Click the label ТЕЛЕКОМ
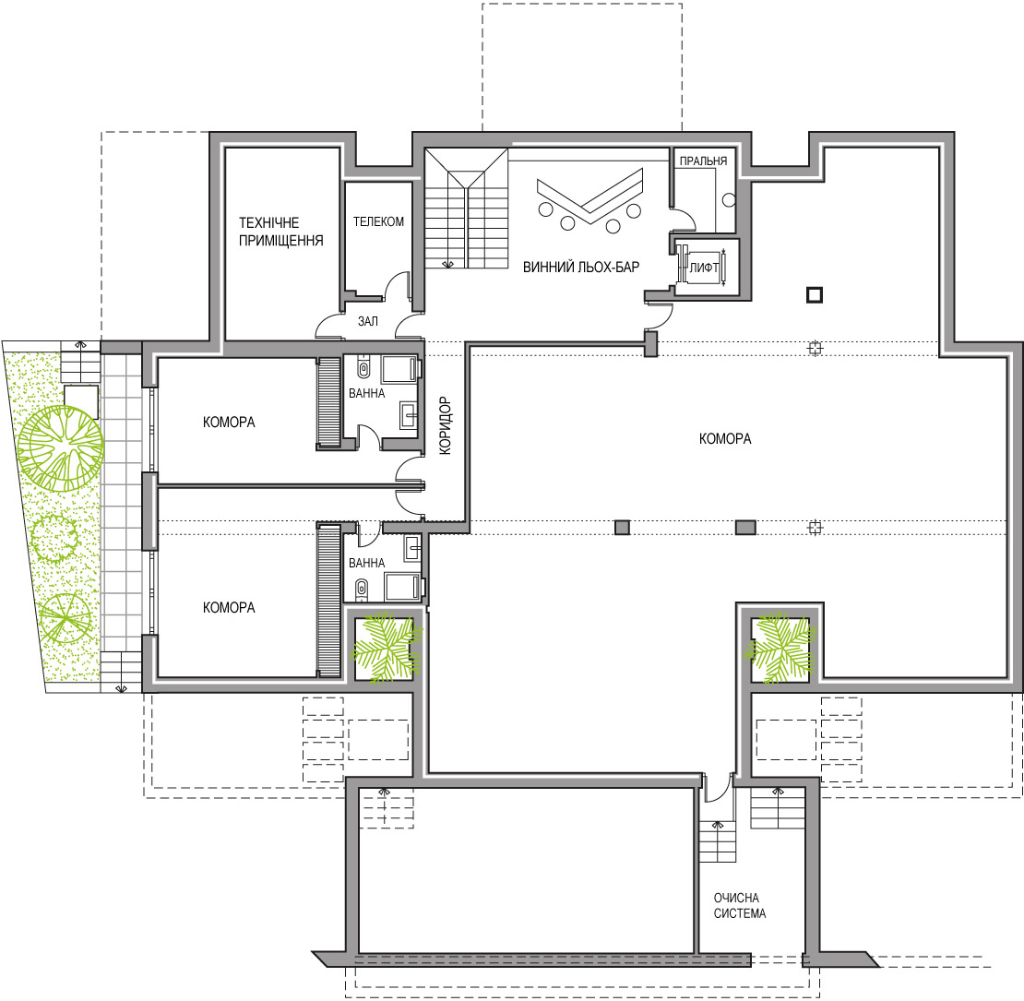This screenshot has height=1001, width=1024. click(379, 222)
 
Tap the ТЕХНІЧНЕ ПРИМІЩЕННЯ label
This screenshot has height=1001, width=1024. click(280, 232)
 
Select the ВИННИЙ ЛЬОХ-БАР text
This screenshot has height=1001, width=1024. click(581, 267)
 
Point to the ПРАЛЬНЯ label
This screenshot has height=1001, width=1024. click(703, 161)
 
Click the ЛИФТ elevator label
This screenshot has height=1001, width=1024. click(704, 267)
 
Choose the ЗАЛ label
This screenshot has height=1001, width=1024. click(368, 321)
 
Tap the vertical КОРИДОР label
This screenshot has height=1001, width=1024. click(445, 425)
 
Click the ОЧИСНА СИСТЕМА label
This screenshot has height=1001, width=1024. click(739, 906)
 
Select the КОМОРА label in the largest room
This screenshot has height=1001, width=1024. click(725, 439)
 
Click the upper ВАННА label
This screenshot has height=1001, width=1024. click(366, 393)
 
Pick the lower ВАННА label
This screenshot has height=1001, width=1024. click(366, 563)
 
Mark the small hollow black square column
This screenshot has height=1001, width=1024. click(815, 295)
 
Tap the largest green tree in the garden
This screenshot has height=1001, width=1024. click(60, 448)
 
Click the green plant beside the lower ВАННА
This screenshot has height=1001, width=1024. click(387, 648)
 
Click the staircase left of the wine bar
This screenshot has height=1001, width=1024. click(466, 209)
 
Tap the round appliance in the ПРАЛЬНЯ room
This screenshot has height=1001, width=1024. click(730, 200)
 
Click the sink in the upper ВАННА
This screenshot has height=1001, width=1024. click(409, 415)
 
